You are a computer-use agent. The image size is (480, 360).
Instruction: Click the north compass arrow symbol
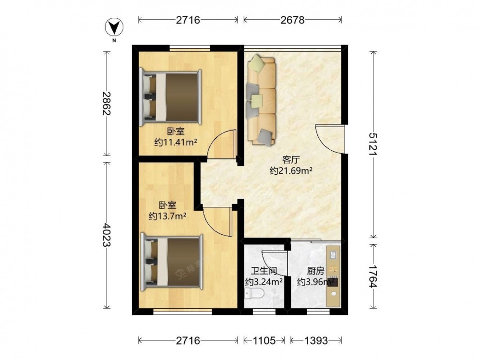pos(114,28)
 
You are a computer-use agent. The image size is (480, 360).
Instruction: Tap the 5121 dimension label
pos(373,144)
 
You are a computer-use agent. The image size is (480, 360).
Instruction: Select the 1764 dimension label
pos(373,276)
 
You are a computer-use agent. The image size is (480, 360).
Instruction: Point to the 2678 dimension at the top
pos(293,20)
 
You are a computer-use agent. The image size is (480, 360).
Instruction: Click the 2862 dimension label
pos(106,103)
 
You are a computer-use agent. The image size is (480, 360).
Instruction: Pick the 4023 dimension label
pos(106,235)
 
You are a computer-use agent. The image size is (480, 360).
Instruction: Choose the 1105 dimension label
pos(264,340)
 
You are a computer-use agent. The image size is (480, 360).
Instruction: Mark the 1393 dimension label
pos(316,340)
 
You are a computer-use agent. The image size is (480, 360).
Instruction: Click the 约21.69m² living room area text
pos(291,170)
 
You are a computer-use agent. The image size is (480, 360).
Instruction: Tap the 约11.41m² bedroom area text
pos(176,143)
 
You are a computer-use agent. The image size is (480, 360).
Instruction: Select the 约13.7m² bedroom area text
pos(168,216)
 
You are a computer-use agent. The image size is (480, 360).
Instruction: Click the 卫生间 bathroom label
pos(264,271)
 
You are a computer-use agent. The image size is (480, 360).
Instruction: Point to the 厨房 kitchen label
pos(316,271)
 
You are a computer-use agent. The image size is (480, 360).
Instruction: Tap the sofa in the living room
pos(261,100)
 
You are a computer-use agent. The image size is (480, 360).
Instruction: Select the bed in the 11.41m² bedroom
pos(170,97)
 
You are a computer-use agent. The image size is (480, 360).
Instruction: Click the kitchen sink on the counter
pos(334,254)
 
